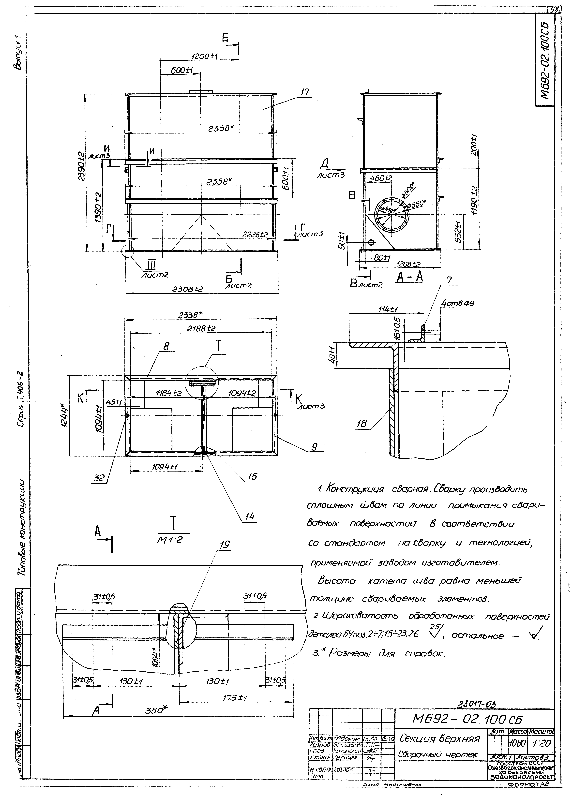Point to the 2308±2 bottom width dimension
pos(187,289)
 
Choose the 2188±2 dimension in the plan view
pos(201,328)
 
